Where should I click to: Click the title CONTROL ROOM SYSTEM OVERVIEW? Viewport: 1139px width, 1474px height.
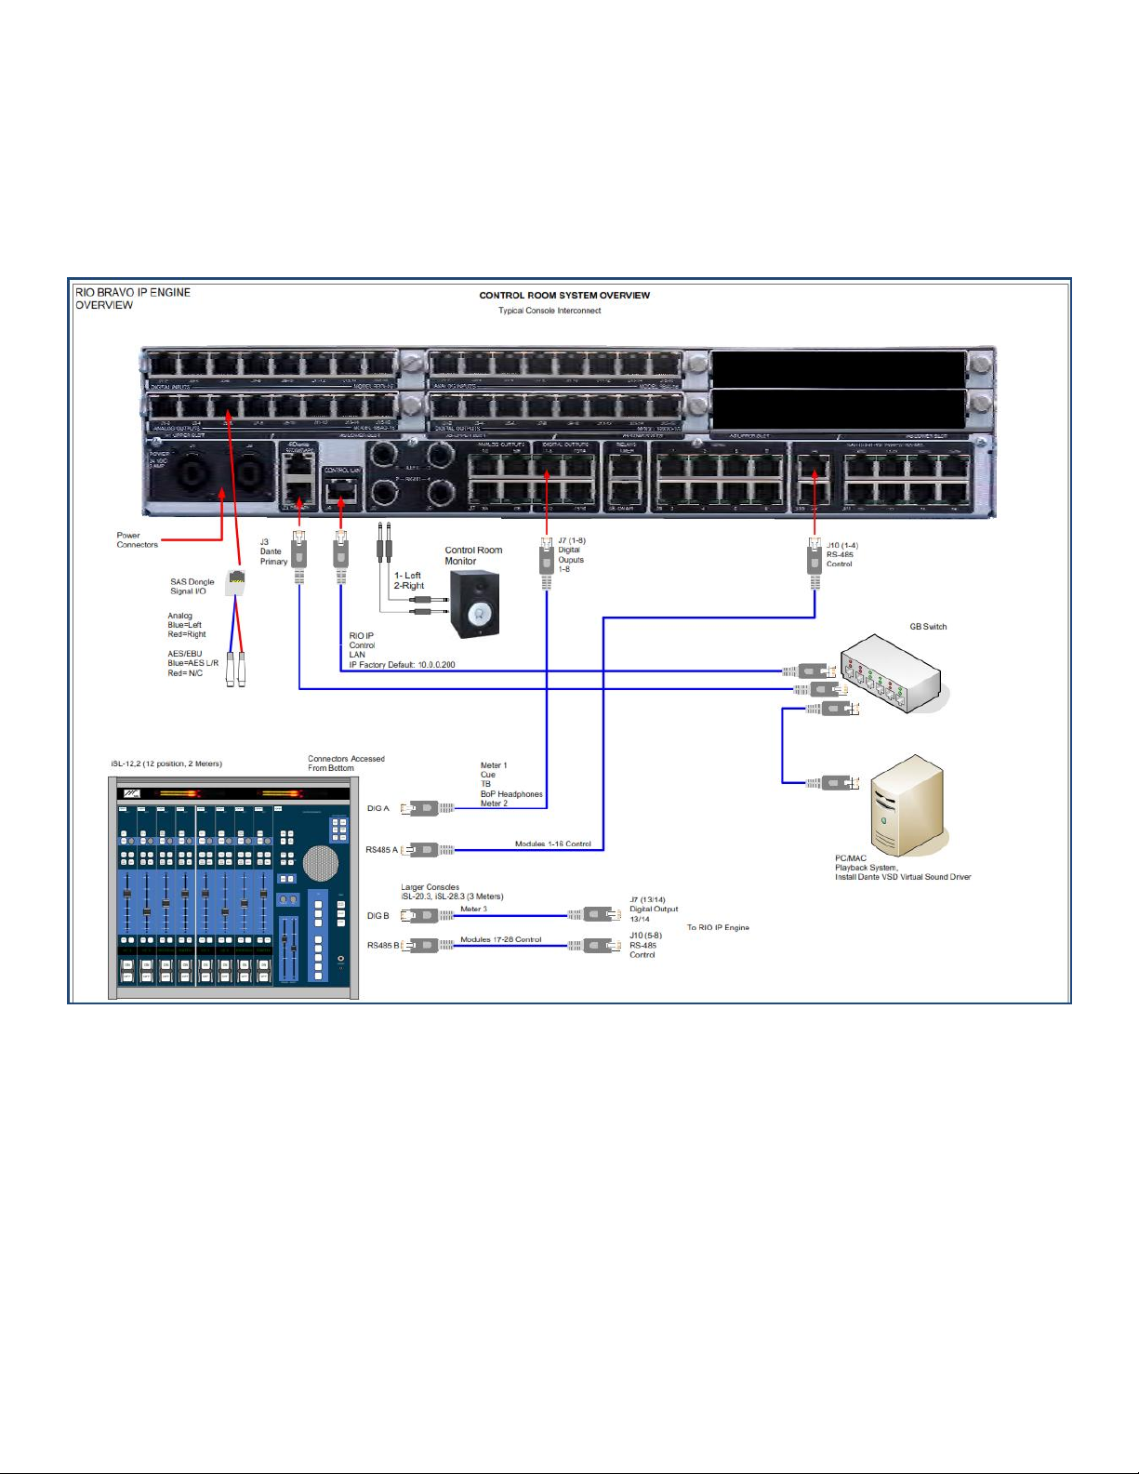coord(564,296)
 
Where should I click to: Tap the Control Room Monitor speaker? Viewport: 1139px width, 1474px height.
coord(474,604)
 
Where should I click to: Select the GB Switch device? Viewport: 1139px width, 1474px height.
coord(891,674)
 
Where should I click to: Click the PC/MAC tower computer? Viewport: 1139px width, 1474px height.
coord(907,805)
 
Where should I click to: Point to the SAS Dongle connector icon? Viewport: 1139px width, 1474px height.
coord(236,583)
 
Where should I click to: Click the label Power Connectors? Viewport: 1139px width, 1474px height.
coord(137,540)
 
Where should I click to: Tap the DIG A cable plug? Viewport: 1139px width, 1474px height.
coord(427,808)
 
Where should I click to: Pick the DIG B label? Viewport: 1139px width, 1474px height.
coord(377,916)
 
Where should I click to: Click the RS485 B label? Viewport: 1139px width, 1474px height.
coord(382,946)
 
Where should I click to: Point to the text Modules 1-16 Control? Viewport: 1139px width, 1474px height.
coord(552,844)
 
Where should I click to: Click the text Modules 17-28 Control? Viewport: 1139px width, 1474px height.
coord(500,939)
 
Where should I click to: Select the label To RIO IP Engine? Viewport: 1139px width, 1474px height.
coord(718,927)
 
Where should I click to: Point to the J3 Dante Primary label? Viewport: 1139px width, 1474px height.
coord(272,551)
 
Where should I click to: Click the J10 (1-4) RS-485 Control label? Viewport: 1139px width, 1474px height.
coord(841,554)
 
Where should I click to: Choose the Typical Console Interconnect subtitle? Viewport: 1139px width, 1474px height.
coord(550,311)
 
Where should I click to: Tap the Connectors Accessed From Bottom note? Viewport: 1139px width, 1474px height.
coord(346,764)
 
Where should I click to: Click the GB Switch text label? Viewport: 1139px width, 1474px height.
coord(928,627)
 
